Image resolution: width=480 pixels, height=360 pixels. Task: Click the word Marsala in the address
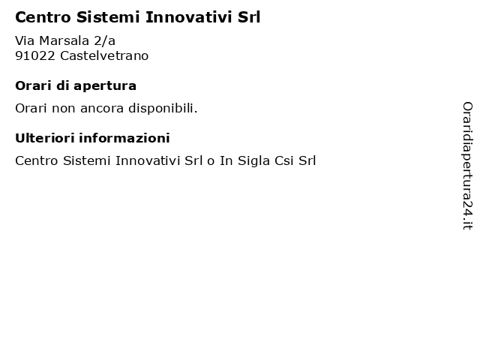tap(64, 40)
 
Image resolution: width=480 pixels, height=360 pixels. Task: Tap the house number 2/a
tap(104, 40)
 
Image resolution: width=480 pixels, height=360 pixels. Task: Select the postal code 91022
tap(35, 56)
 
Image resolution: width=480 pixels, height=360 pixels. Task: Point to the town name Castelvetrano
tap(104, 56)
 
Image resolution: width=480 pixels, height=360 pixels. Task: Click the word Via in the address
tap(25, 40)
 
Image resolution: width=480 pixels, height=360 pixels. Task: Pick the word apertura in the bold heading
tap(105, 86)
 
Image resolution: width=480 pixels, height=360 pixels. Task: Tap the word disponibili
tap(163, 108)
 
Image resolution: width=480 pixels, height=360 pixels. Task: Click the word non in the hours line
tap(63, 109)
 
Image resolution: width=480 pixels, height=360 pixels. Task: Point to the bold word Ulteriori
tap(45, 138)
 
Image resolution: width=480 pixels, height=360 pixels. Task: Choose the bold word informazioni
tap(124, 138)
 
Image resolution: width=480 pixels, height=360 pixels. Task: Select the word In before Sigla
tap(226, 161)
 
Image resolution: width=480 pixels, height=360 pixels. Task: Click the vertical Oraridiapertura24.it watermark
tap(467, 166)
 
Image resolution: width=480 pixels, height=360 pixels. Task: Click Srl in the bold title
tap(249, 17)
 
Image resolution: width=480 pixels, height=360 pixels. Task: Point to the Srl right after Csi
tap(307, 161)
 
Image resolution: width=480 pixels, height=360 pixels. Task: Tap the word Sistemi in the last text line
tap(87, 161)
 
